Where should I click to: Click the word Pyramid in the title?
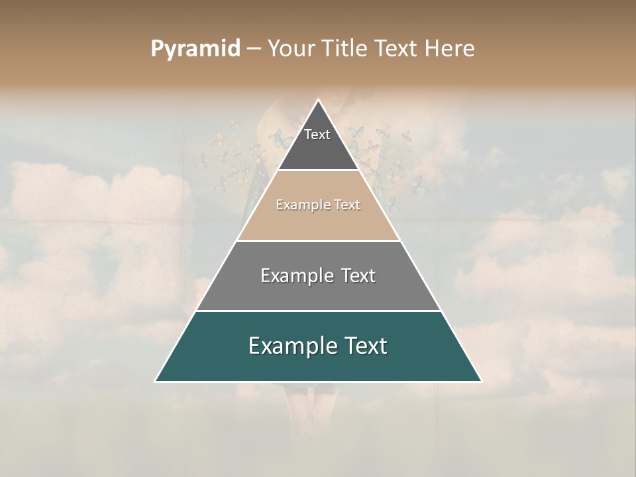195,49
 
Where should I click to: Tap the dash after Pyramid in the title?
254,49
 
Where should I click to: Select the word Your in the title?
290,49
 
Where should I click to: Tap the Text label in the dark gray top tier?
317,134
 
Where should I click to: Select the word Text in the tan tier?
347,205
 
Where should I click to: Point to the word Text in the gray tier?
358,276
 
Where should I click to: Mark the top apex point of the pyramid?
319,100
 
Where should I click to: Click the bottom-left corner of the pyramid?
156,381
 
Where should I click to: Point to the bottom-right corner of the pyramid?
481,381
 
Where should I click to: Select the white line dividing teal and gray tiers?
318,311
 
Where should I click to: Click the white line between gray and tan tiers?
318,240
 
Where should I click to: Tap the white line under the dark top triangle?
318,170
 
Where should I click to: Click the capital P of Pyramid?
156,49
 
